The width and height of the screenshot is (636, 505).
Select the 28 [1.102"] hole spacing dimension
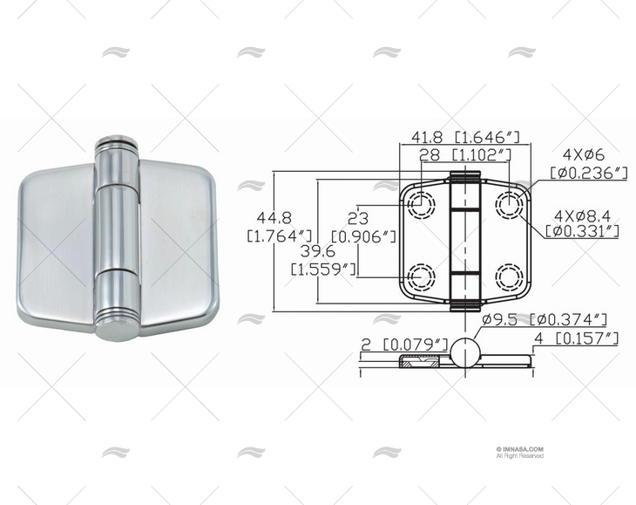coord(465,155)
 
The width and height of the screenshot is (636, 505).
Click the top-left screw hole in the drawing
coord(422,204)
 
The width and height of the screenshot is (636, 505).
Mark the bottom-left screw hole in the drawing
coord(422,277)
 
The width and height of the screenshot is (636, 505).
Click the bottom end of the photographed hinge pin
coord(115,330)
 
